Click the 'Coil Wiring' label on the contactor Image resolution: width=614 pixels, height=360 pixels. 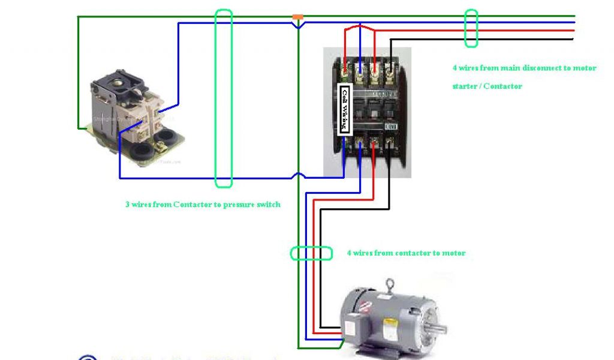point(345,110)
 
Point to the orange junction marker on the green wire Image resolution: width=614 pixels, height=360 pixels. point(297,17)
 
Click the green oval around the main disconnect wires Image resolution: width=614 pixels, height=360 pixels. point(471,28)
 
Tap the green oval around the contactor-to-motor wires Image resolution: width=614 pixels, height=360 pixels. point(311,253)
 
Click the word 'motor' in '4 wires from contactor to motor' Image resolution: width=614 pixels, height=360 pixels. point(454,253)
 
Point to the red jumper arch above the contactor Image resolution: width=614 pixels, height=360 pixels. point(360,27)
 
